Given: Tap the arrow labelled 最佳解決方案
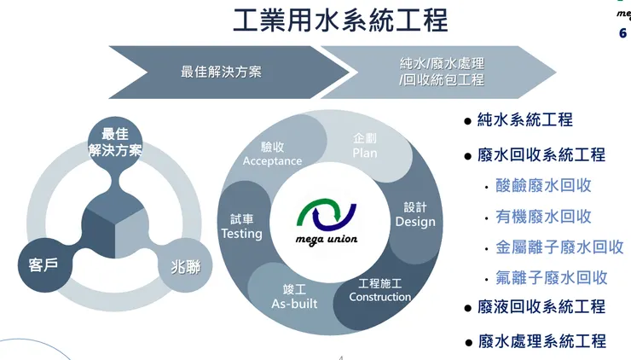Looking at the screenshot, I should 221,72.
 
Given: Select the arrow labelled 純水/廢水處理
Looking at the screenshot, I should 441,72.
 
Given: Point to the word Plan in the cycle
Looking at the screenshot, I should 365,153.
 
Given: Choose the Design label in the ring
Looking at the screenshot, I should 415,222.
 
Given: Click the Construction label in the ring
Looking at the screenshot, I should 380,297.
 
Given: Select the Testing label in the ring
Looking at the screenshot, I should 241,233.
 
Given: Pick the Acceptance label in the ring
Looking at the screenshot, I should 272,160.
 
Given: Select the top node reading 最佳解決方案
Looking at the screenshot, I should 115,142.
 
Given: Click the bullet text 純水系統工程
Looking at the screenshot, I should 525,120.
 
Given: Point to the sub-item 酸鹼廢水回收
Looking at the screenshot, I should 543,185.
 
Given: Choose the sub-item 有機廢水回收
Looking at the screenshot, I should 543,216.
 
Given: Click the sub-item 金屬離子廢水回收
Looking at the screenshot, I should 559,247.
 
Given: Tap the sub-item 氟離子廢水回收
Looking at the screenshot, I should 551,277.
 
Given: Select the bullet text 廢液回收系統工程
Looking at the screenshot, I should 541,307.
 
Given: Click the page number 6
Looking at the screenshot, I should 622,33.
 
